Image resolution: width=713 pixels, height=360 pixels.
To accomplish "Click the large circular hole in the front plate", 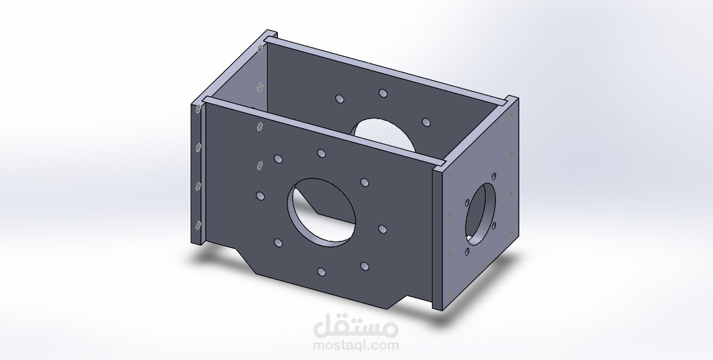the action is (x=321, y=212).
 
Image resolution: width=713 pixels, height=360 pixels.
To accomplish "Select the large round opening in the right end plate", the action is (x=481, y=215).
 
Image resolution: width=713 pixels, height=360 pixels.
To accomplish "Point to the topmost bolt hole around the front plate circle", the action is (x=321, y=153).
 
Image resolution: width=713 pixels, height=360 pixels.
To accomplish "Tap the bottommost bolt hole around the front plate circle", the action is (x=321, y=272).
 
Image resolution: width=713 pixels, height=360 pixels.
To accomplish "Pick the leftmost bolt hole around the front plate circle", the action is (x=260, y=196).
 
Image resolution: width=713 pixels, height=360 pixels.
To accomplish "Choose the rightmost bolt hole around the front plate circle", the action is (x=382, y=229).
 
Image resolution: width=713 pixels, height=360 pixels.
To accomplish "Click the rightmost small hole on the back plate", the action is (x=426, y=122).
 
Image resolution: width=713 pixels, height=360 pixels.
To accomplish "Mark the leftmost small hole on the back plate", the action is (x=340, y=98).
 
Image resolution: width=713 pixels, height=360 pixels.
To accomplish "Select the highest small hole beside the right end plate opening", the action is (x=494, y=176).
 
